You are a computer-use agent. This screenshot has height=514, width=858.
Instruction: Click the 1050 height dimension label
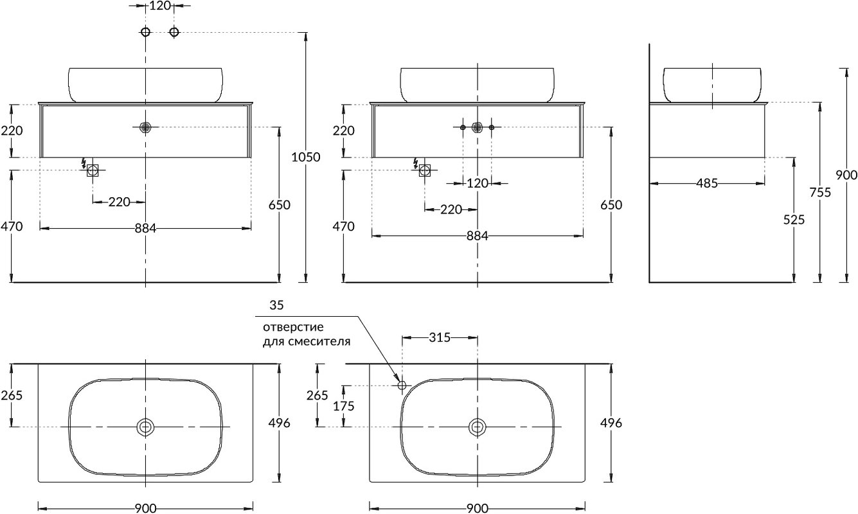[306, 157]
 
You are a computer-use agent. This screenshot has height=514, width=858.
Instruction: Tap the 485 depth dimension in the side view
[707, 184]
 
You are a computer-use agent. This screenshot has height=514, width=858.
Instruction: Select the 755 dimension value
[820, 192]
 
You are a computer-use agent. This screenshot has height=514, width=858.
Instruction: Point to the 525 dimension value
[794, 220]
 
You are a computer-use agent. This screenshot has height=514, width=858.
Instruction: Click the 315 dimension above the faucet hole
[440, 337]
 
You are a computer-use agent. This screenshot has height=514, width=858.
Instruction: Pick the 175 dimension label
[344, 406]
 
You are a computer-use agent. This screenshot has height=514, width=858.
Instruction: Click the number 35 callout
[276, 305]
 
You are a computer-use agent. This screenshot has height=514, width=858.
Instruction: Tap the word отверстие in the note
[293, 328]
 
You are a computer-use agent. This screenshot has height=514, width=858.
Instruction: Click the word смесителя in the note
[319, 342]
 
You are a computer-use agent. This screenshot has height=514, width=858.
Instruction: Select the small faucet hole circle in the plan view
[402, 385]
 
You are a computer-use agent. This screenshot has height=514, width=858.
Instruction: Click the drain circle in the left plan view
[145, 427]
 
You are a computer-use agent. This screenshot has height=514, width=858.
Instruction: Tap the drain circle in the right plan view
[478, 427]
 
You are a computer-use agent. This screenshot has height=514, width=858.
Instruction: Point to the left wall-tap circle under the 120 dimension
[145, 31]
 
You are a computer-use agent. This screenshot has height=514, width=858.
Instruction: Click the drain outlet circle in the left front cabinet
[145, 127]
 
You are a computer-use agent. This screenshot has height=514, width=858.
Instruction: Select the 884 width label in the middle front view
[478, 236]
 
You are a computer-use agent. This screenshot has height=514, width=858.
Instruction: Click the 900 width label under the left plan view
[145, 508]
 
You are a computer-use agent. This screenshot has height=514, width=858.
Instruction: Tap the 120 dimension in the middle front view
[478, 184]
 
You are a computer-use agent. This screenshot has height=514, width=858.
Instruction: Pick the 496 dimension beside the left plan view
[279, 423]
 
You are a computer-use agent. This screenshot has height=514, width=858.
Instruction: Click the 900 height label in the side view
[846, 175]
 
